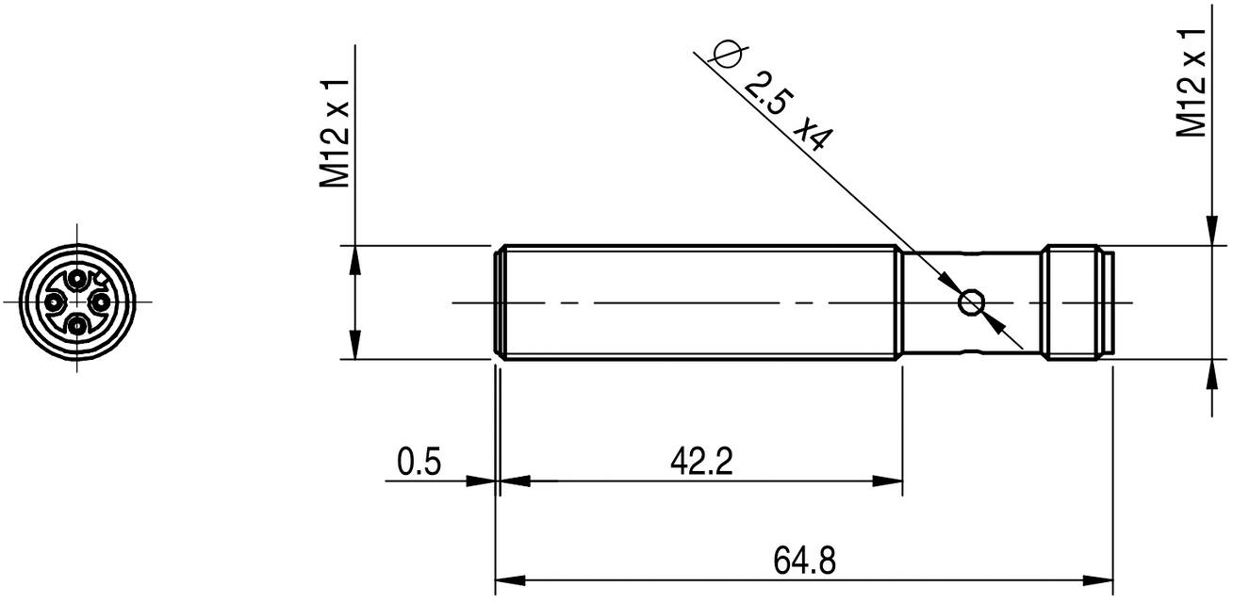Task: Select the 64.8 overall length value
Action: [x=804, y=562]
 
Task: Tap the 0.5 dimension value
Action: [x=417, y=463]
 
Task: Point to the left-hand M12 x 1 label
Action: [x=336, y=133]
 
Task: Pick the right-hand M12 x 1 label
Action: [x=1192, y=82]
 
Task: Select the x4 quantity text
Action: [x=813, y=135]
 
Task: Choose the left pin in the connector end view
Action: [x=56, y=302]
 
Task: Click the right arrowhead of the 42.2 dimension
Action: [x=891, y=481]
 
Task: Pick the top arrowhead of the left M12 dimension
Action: [x=354, y=257]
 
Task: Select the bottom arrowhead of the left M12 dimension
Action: [x=354, y=348]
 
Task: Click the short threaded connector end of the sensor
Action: [x=1075, y=302]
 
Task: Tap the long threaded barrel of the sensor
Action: [x=698, y=302]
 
